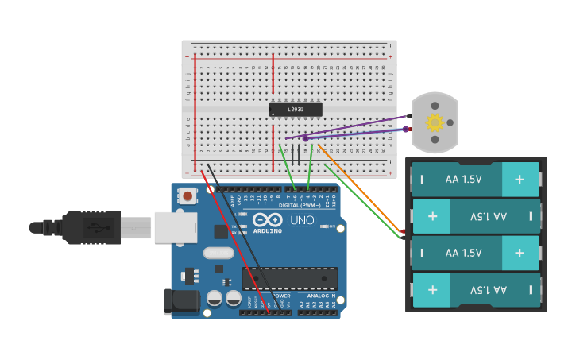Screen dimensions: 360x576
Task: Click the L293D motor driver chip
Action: click(x=296, y=110)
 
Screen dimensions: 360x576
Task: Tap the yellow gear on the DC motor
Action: click(x=435, y=122)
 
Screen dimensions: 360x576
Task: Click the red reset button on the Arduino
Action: click(x=187, y=195)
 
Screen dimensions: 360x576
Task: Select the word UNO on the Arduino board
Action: click(x=302, y=220)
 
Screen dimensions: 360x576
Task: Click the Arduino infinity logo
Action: click(x=267, y=219)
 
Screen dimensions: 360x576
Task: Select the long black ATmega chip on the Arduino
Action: click(x=290, y=278)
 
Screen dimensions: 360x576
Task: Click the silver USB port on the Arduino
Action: click(x=175, y=227)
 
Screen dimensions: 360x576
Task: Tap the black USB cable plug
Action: click(x=91, y=227)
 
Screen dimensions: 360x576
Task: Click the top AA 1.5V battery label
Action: click(x=464, y=180)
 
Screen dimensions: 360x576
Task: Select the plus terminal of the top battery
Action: click(x=520, y=180)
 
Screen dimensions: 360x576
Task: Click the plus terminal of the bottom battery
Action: click(x=432, y=289)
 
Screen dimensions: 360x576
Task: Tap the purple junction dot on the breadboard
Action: click(x=305, y=138)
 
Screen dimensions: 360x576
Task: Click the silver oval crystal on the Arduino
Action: click(x=218, y=253)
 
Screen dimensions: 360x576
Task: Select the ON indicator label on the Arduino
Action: click(x=331, y=226)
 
